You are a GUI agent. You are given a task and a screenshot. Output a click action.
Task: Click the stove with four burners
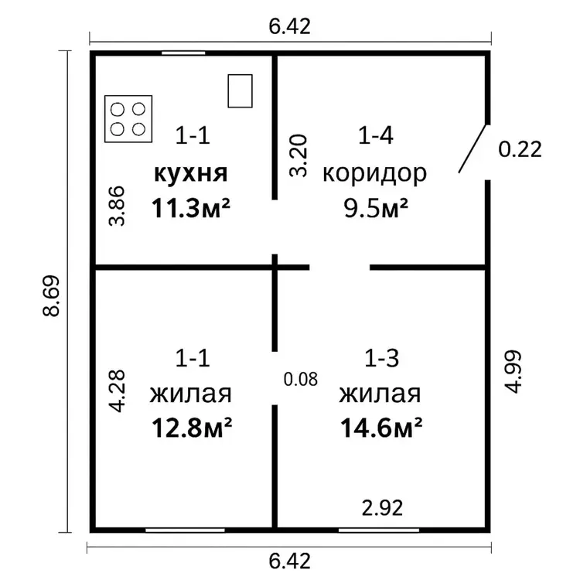128,119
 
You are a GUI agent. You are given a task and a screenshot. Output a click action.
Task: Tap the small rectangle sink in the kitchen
240,91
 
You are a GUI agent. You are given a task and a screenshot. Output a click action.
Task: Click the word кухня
191,173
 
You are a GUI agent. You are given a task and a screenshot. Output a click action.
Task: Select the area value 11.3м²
191,208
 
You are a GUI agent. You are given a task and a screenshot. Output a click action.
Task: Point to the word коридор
375,174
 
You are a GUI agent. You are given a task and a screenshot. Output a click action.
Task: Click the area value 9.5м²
376,208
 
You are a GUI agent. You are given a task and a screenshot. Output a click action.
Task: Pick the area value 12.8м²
192,428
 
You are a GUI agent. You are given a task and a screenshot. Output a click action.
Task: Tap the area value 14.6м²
381,428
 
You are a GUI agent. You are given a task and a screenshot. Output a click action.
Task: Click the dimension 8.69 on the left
51,295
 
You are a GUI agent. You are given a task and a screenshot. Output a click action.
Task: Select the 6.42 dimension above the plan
290,26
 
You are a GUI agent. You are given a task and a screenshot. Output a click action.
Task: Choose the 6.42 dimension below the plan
290,561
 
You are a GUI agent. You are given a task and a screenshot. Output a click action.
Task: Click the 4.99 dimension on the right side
513,372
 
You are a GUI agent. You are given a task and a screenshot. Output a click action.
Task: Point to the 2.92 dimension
382,508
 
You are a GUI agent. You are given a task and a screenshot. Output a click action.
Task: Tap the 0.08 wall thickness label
301,379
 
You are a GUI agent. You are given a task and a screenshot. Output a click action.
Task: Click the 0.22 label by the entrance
520,149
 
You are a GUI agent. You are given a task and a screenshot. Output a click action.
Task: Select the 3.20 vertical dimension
299,155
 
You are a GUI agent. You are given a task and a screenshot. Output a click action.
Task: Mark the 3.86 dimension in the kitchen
117,206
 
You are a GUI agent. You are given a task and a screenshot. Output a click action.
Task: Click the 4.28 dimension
117,391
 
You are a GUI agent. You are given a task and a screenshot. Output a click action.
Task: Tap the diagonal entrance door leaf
473,148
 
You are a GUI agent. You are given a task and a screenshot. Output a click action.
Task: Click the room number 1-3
382,358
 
